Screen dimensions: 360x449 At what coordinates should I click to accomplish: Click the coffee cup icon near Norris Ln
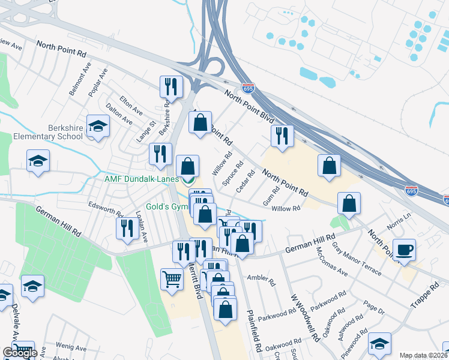pyautogui.click(x=405, y=249)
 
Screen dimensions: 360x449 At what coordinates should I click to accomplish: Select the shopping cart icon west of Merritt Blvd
pyautogui.click(x=172, y=279)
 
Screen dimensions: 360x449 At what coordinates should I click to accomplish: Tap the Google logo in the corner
pyautogui.click(x=19, y=353)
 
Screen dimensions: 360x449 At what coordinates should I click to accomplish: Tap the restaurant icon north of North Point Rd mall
pyautogui.click(x=282, y=136)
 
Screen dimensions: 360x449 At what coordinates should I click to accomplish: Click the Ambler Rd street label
pyautogui.click(x=264, y=280)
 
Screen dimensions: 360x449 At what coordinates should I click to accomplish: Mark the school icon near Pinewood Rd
pyautogui.click(x=379, y=343)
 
